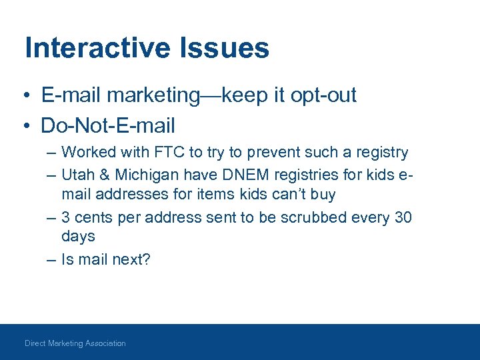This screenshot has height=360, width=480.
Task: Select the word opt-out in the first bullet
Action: point(323,95)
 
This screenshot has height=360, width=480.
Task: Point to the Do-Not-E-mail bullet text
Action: point(107,125)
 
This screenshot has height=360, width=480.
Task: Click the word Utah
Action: point(75,175)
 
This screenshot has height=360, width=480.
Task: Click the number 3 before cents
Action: point(65,217)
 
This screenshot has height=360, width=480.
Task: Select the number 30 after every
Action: point(403,217)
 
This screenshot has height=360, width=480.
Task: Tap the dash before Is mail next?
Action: point(51,259)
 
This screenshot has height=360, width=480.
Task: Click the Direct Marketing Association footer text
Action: point(75,343)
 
